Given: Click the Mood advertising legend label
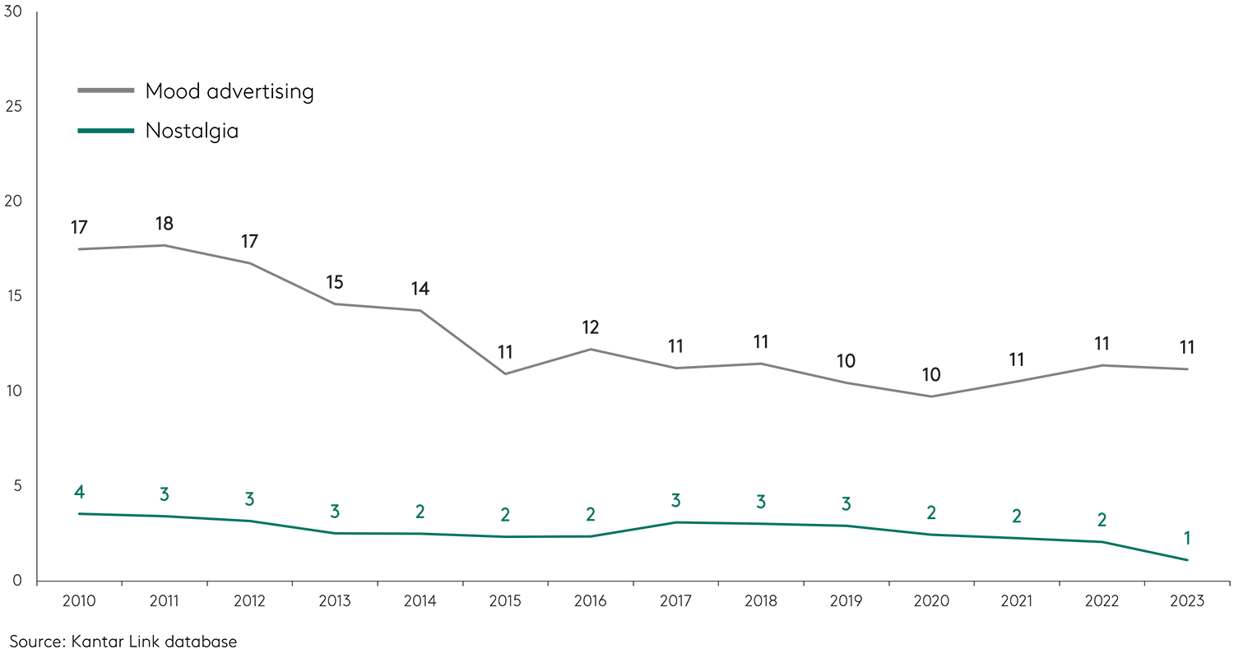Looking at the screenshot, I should click(x=230, y=91).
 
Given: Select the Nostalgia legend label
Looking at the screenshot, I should click(x=192, y=131).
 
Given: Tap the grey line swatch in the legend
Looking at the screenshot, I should click(x=105, y=90).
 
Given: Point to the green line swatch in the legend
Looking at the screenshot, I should click(x=105, y=130).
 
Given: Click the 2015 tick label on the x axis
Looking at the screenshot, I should click(x=505, y=602).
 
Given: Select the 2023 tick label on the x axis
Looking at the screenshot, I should click(x=1186, y=602).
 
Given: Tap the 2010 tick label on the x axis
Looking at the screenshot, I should click(x=79, y=602).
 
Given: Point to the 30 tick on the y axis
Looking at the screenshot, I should click(x=13, y=12).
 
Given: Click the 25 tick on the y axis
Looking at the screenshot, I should click(x=13, y=107).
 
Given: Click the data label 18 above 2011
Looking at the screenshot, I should click(x=165, y=224).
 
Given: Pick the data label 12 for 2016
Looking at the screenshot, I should click(x=590, y=327).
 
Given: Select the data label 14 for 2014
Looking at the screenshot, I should click(x=420, y=289).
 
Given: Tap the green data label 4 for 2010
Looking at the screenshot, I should click(x=79, y=493).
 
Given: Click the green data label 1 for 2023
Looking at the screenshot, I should click(x=1186, y=539).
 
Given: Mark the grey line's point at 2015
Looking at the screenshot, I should click(x=505, y=374).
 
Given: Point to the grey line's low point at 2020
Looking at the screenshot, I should click(x=931, y=396).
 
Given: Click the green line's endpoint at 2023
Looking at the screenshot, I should click(x=1186, y=560).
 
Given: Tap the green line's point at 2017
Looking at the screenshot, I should click(x=675, y=522).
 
